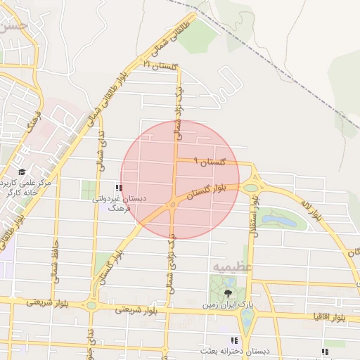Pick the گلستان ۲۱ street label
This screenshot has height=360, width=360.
(x=162, y=65)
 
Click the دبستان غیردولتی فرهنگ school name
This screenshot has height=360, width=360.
(x=120, y=203)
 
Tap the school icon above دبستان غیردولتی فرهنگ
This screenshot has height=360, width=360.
(x=118, y=188)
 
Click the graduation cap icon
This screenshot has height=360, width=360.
(x=22, y=172)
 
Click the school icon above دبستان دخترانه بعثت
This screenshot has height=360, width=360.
(x=234, y=340)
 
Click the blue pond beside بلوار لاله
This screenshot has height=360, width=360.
(x=279, y=221)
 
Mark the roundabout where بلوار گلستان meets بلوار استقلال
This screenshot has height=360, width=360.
(x=250, y=187)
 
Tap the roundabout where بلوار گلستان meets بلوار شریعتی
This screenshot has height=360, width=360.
(x=91, y=305)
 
